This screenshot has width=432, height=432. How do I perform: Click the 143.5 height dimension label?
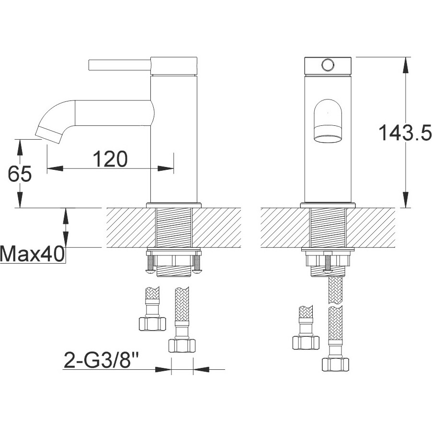tap(405, 133)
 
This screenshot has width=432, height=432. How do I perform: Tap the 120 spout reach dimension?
tap(110, 159)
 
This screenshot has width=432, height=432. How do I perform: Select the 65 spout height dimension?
tap(20, 174)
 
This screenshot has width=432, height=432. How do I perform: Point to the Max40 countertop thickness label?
tap(33, 254)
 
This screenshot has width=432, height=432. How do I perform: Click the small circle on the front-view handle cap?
tap(328, 65)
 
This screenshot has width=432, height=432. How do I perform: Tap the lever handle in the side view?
tap(120, 65)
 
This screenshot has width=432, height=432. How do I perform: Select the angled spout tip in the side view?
tap(49, 135)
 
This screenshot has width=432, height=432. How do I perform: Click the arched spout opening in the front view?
tap(328, 121)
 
